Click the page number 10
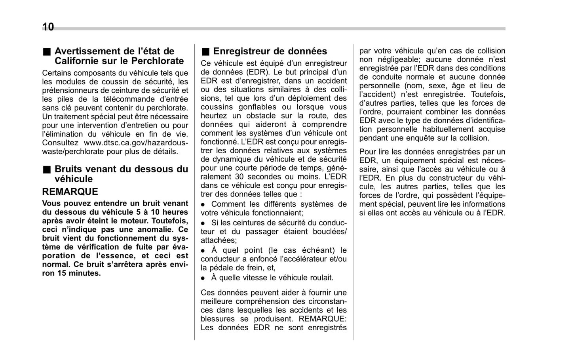pos(48,27)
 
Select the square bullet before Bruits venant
pos(47,170)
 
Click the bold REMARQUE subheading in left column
pos(70,192)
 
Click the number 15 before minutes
pos(62,273)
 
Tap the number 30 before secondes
pos(239,177)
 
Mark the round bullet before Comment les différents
pos(203,204)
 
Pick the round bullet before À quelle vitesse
pos(203,278)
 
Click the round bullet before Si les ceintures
pos(203,223)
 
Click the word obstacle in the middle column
pos(260,116)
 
